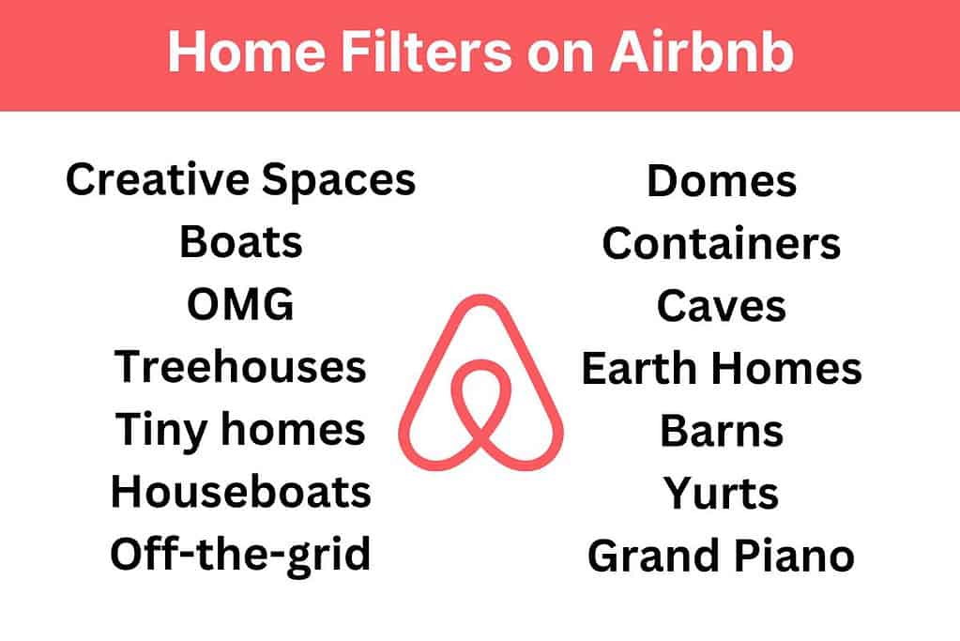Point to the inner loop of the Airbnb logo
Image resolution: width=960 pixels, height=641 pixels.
(480, 404)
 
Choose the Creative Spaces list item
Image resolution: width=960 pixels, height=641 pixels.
(240, 179)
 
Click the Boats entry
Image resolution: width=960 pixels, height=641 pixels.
(240, 242)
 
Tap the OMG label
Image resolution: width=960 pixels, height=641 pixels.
(240, 305)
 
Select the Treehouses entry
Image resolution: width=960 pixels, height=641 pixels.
(240, 367)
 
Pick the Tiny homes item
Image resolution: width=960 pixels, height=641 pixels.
(240, 430)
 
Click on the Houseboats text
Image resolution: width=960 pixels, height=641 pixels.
(240, 492)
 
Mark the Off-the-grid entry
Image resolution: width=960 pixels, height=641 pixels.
(240, 555)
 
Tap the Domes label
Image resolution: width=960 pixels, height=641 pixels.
(721, 181)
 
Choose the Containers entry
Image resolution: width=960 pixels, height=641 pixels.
(721, 244)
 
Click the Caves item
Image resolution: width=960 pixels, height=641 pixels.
(721, 306)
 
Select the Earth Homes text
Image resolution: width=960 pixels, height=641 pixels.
(721, 369)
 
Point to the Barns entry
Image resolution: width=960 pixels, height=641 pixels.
(721, 431)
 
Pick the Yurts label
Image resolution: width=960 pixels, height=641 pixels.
(721, 494)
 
